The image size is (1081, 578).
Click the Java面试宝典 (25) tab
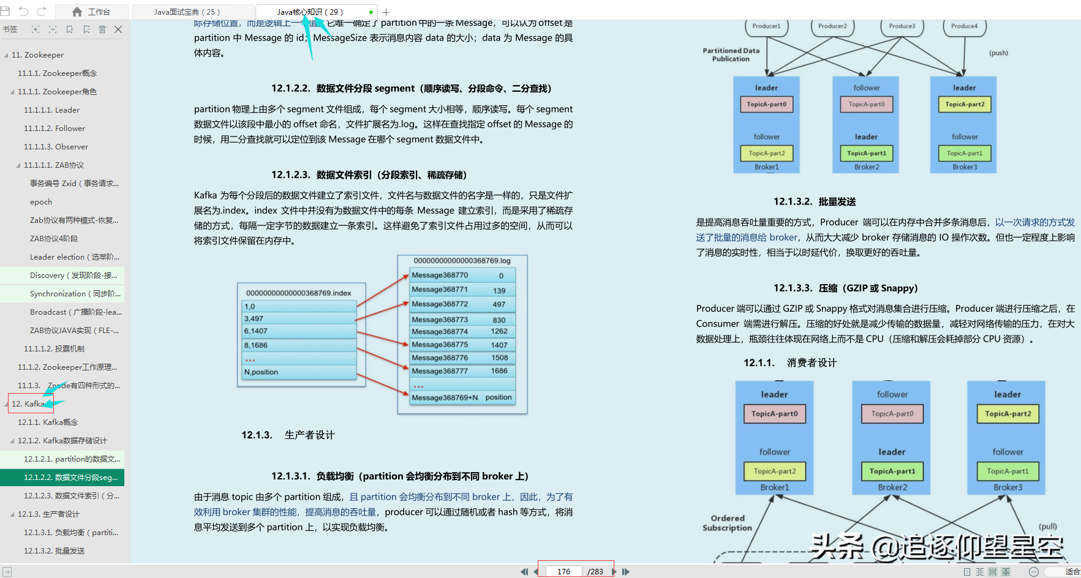coord(187,12)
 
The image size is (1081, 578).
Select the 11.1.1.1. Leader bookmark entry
coord(51,110)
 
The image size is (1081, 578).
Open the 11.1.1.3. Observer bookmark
coord(56,147)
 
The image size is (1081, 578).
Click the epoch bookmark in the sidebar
coord(41,202)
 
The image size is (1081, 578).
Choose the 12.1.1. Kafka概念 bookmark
coord(48,422)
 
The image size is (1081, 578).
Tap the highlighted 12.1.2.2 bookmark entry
coord(70,478)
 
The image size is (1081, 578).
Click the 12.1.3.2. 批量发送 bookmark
coord(54,551)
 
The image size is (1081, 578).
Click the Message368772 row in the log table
coord(440,304)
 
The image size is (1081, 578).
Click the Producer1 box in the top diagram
coord(766,26)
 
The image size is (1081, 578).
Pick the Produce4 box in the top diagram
coord(964,26)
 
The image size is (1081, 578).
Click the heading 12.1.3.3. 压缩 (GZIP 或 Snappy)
coord(845,288)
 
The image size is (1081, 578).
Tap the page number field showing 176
coord(563,571)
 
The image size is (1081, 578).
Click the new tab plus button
coord(386,12)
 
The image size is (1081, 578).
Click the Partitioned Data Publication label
coord(731,54)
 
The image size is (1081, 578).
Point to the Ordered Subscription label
coord(727,523)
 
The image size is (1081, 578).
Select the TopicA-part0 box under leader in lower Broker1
coord(774,414)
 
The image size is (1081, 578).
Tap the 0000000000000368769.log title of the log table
coord(462,261)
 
